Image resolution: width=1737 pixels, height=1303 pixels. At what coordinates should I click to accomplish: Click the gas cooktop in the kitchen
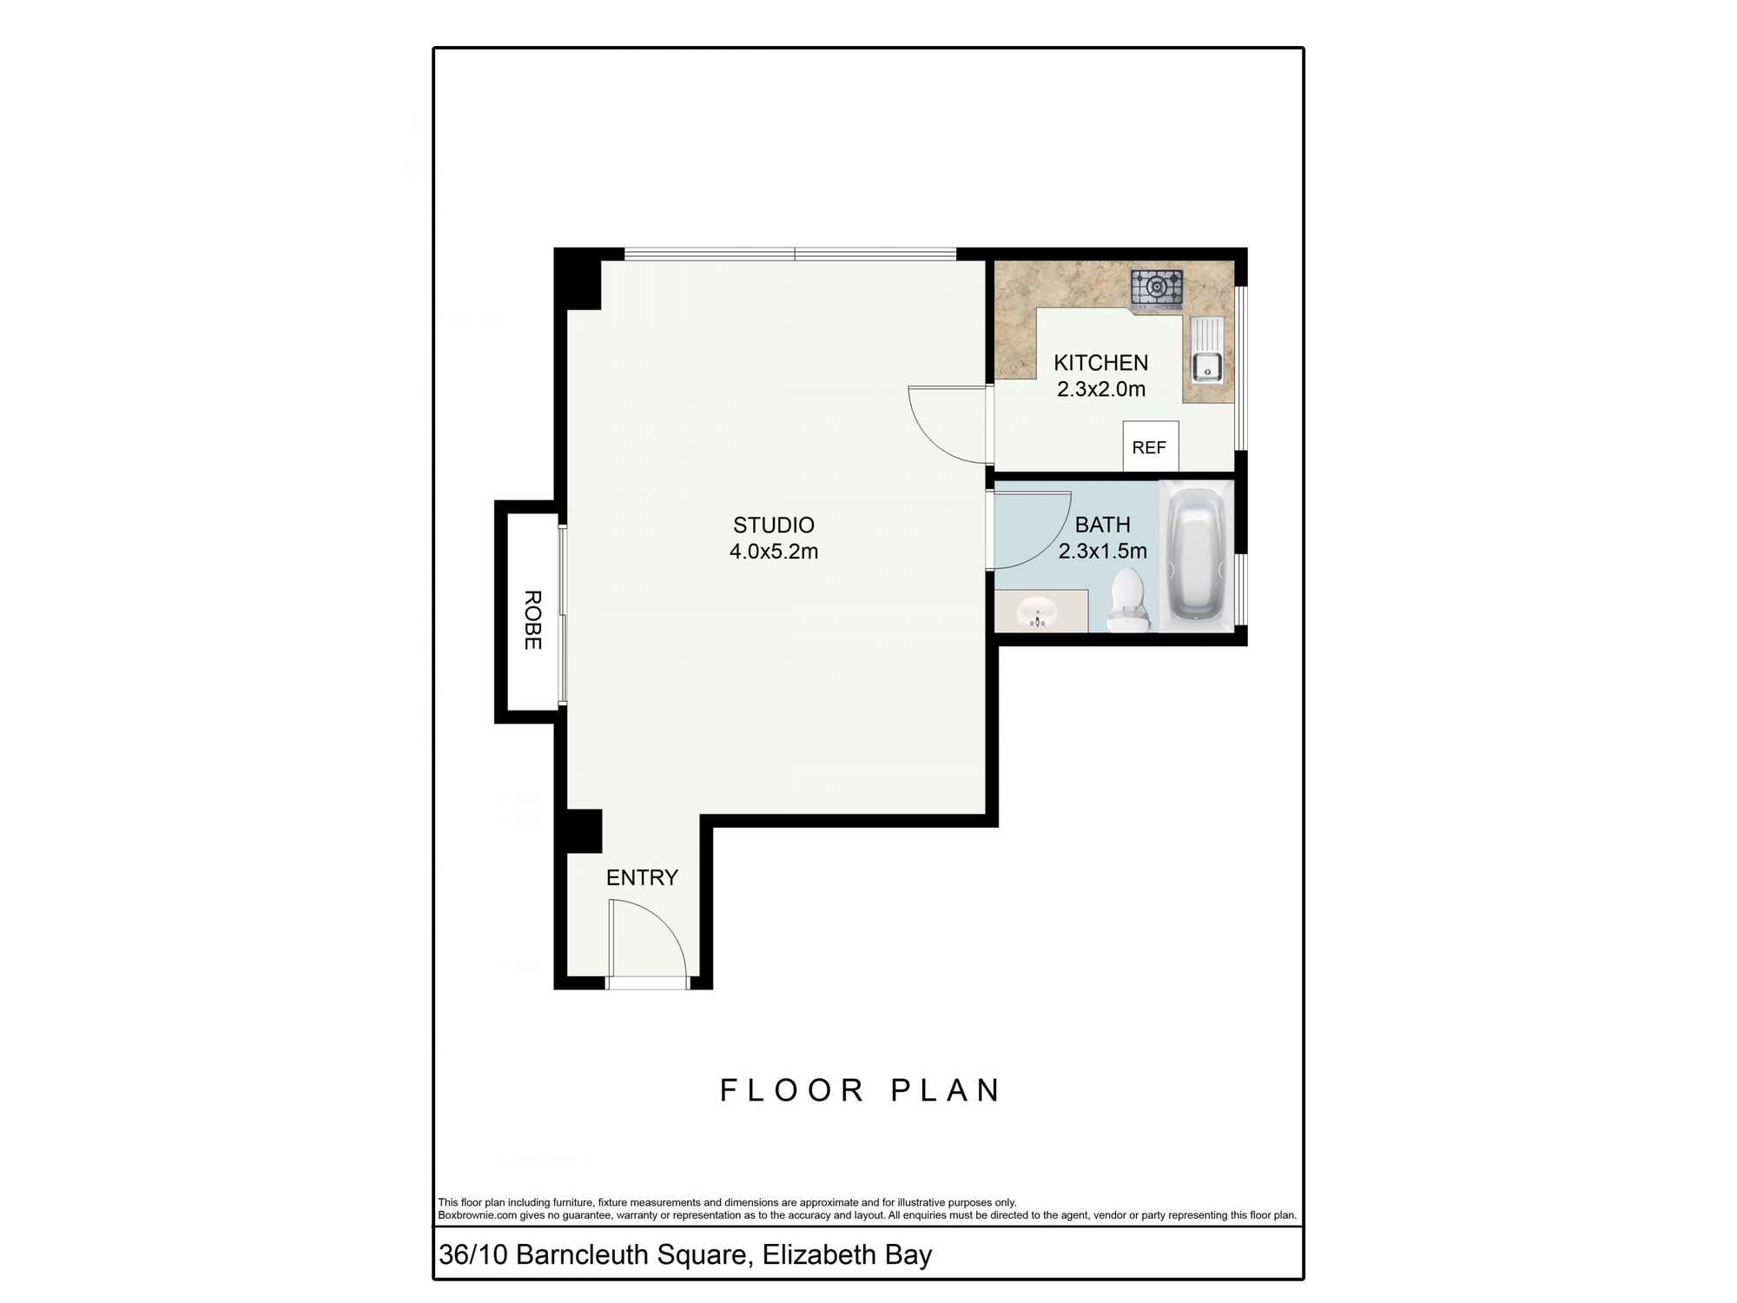[x=1157, y=288]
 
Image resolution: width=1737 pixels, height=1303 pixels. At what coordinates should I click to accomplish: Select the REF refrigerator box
[x=1150, y=446]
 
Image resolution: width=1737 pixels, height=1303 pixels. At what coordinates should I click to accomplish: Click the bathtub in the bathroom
[x=1196, y=556]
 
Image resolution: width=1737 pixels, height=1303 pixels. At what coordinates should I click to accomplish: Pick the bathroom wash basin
[x=1037, y=612]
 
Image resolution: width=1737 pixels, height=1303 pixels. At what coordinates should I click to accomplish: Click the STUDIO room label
[x=774, y=526]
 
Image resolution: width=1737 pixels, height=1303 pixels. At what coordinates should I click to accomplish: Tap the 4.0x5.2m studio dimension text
[x=774, y=552]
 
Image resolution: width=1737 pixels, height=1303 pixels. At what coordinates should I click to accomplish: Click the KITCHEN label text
[x=1101, y=363]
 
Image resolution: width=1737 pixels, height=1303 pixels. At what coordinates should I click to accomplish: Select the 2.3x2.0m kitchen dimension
[x=1101, y=389]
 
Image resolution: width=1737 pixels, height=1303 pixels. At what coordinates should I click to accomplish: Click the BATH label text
[x=1103, y=525]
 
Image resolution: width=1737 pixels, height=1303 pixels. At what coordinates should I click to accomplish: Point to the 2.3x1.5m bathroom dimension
[x=1103, y=551]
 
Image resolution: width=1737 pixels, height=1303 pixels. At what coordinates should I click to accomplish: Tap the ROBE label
[x=532, y=620]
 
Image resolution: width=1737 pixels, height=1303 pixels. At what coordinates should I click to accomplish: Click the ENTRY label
[x=642, y=877]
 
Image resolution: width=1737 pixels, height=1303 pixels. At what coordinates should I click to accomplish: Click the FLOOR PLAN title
[x=861, y=1090]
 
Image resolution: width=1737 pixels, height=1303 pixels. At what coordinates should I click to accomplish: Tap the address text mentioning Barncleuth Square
[x=685, y=1254]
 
